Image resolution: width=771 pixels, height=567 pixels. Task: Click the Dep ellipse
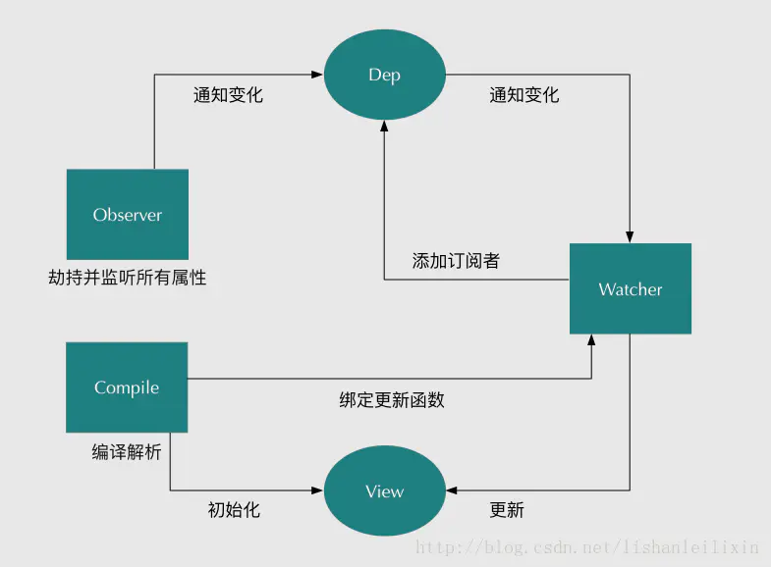384,76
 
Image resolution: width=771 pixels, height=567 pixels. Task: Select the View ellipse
384,491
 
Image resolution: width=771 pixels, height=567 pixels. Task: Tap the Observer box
128,215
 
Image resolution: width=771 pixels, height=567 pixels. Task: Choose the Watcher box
631,289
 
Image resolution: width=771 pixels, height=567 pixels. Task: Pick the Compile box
127,387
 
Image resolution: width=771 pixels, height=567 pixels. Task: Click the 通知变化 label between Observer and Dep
228,95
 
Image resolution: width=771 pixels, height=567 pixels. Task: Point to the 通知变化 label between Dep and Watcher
523,95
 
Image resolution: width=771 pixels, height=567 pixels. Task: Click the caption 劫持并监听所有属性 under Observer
128,278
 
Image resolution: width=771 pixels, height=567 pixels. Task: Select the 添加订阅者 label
455,261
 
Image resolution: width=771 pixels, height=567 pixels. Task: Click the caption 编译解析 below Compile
127,452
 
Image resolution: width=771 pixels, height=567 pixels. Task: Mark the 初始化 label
234,510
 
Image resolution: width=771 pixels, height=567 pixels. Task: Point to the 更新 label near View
507,510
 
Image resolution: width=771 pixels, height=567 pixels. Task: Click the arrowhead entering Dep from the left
318,75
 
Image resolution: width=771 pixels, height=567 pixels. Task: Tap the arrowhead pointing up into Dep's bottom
384,129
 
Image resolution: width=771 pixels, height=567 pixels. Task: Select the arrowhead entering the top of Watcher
631,237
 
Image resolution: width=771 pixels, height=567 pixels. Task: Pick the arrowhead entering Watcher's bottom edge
591,339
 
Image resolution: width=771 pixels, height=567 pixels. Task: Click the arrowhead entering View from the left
318,490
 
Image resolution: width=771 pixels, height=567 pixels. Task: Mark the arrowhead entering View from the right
450,490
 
